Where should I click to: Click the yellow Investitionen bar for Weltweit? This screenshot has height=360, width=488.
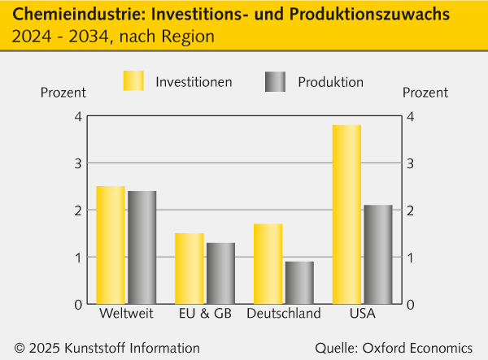pyautogui.click(x=111, y=245)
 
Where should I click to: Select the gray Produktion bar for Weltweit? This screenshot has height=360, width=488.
pyautogui.click(x=142, y=248)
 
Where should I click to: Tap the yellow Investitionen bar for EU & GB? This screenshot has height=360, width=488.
pyautogui.click(x=190, y=269)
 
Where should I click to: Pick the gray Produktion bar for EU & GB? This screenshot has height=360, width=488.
pyautogui.click(x=220, y=274)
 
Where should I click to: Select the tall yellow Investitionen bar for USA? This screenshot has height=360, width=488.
pyautogui.click(x=347, y=215)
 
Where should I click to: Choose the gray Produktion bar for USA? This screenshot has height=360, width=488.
pyautogui.click(x=378, y=254)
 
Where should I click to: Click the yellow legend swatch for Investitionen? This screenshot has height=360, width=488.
pyautogui.click(x=133, y=81)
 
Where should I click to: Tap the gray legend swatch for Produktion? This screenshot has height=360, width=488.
pyautogui.click(x=276, y=81)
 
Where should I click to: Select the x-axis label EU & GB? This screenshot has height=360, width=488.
pyautogui.click(x=204, y=314)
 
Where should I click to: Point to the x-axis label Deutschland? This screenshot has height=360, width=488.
pyautogui.click(x=284, y=314)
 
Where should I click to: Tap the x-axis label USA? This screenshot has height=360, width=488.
pyautogui.click(x=363, y=314)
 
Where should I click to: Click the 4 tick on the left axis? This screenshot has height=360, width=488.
pyautogui.click(x=78, y=117)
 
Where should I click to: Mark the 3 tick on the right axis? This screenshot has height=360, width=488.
pyautogui.click(x=411, y=163)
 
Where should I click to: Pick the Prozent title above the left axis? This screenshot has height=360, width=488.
pyautogui.click(x=63, y=92)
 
